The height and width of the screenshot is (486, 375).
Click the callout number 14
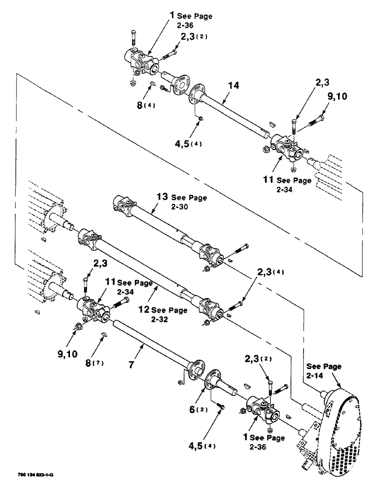233,86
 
